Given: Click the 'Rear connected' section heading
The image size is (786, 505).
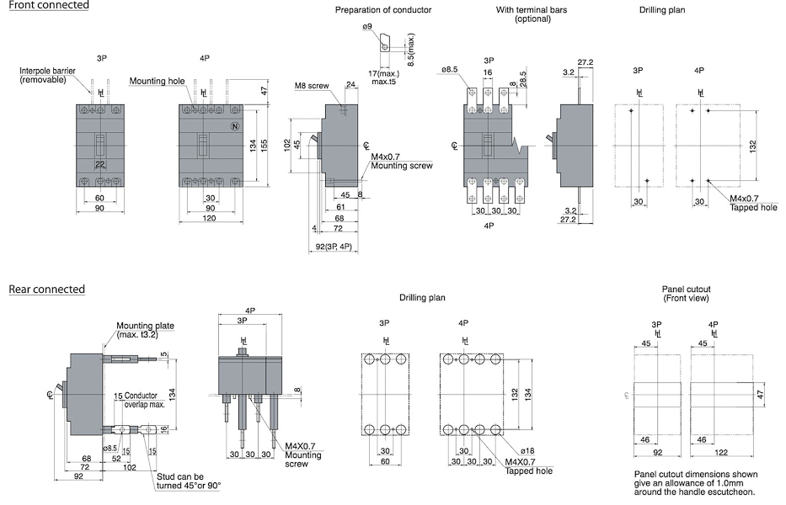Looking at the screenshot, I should [47, 290].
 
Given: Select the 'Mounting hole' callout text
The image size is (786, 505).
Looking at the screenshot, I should [157, 82].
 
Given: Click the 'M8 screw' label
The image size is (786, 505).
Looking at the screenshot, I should [312, 86].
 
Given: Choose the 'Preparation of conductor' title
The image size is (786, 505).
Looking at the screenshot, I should [383, 10].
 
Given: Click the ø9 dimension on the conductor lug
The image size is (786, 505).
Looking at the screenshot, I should [367, 28].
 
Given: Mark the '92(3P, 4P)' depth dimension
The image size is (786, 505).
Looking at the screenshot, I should [334, 247].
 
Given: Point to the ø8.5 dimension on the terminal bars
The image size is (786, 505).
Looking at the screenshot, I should [449, 70].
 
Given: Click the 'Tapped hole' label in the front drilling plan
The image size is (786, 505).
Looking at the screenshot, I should [753, 207].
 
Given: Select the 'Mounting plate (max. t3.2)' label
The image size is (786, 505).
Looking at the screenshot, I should [145, 329].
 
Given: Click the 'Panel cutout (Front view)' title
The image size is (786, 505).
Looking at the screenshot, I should [685, 294].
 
